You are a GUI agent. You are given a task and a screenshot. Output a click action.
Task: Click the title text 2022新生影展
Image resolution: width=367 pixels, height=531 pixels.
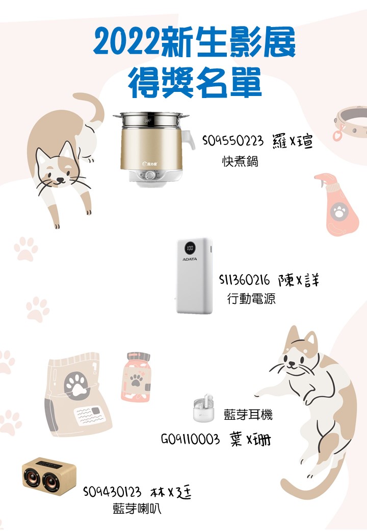194,42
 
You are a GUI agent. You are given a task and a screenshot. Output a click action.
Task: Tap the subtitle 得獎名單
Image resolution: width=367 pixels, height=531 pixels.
195,82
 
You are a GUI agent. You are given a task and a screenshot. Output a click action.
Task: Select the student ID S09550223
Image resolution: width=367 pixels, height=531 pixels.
233,140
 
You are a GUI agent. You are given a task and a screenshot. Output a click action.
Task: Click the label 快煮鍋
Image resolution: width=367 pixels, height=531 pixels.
240,161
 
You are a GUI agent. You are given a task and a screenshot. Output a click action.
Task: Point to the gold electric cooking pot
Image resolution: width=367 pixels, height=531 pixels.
154,149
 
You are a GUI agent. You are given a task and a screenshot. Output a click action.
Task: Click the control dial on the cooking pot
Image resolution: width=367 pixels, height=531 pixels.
150,175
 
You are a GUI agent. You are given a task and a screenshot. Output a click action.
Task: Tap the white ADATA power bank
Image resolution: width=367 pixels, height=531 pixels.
195,276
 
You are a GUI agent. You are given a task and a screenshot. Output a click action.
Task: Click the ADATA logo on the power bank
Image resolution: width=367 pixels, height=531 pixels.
190,259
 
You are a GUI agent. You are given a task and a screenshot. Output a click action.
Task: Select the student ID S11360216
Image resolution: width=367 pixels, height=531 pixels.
245,280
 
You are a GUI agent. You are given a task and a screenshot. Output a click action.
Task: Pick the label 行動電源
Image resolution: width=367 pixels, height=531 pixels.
251,299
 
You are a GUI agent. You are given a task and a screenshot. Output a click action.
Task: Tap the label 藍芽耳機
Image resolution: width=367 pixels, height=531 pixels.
248,414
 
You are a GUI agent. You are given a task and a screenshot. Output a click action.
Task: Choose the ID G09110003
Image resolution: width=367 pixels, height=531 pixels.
190,440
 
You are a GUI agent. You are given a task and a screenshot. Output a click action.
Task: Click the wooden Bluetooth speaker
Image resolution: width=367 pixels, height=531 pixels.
49,476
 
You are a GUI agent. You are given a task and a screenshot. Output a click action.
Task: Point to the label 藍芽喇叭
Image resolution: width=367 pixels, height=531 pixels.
137,509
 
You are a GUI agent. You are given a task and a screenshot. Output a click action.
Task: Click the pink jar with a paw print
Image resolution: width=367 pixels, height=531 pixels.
136,377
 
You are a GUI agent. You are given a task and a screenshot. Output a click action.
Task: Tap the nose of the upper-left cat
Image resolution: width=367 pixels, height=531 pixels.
60,179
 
